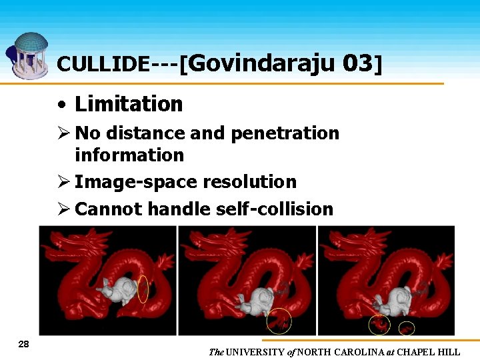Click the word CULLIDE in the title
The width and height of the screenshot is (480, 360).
tap(103, 63)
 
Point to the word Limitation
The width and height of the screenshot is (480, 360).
tap(129, 104)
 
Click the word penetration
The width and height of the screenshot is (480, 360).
tap(285, 133)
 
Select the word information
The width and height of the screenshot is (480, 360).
tap(129, 155)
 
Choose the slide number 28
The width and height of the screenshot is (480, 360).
tap(24, 344)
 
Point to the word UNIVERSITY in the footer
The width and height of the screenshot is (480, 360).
tap(255, 352)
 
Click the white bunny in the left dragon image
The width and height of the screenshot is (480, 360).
tap(118, 290)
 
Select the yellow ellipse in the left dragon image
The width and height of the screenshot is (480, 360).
tap(143, 288)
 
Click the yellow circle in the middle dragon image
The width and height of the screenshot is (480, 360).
tap(279, 321)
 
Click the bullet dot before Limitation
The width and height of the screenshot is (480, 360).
tap(61, 105)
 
